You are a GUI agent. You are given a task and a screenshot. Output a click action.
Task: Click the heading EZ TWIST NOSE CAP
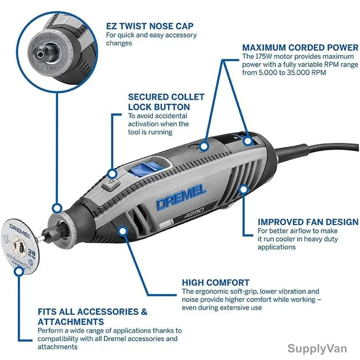(150, 26)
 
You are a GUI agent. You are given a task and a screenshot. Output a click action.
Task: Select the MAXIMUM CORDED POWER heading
(300, 47)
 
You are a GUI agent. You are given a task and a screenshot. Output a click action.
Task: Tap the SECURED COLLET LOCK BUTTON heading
(166, 102)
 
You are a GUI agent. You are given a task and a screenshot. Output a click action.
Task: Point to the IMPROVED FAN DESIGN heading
(308, 222)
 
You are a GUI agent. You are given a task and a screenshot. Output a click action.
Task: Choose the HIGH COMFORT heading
(216, 283)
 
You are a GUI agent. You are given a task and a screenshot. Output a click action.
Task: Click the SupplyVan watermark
(317, 348)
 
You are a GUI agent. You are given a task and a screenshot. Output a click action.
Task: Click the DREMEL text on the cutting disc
(20, 231)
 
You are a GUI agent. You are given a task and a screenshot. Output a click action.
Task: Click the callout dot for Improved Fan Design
(243, 190)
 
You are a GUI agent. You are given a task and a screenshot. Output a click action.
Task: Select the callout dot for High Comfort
(123, 231)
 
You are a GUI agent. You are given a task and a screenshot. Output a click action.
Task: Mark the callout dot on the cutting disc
(19, 272)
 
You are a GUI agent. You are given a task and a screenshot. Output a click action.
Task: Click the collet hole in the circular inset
(40, 54)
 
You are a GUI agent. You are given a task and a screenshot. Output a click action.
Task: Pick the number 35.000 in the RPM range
(298, 73)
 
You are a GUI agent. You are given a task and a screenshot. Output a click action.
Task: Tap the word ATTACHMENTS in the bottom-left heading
(71, 322)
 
